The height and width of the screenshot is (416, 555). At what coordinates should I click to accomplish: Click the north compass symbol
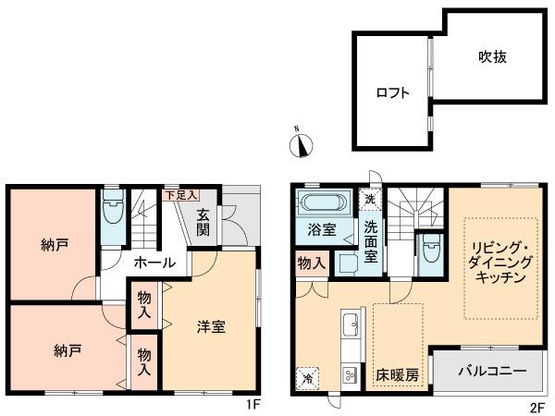point(302,144)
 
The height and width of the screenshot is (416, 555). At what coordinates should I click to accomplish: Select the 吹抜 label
point(492,57)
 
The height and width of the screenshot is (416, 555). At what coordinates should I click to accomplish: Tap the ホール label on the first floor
point(154,263)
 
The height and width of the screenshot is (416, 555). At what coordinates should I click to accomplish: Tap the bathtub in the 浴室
point(322,204)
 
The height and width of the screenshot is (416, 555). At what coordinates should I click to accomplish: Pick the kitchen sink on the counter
point(352,326)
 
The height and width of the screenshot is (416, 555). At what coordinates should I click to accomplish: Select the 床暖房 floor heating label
point(397,376)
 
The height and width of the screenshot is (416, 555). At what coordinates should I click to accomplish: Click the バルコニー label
point(493,372)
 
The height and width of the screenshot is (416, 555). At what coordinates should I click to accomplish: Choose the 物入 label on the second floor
point(312,264)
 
